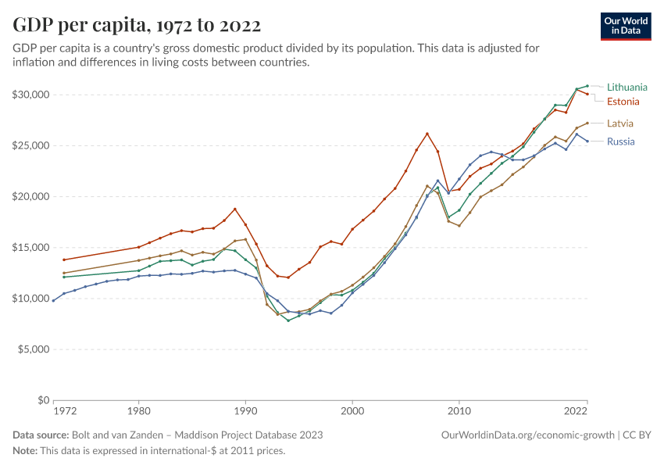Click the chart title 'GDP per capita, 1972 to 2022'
137,25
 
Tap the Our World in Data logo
625,26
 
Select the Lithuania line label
627,88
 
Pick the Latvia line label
620,124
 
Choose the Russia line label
620,141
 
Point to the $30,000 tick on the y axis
31,95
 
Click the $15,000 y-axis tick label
31,248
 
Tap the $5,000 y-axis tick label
34,349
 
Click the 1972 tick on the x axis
65,410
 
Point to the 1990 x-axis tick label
245,410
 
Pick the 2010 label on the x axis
459,410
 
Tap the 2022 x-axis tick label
576,410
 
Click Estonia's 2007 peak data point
427,134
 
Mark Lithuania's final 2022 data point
587,86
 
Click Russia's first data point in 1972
53,300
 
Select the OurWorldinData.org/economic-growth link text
529,435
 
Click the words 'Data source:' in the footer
41,435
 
